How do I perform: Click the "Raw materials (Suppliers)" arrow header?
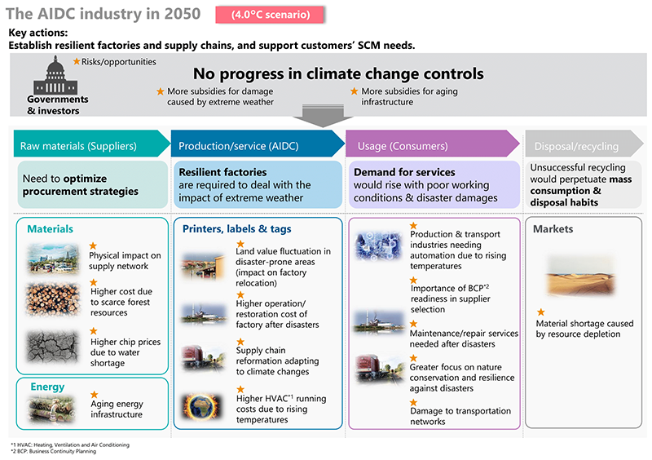pyautogui.click(x=86, y=146)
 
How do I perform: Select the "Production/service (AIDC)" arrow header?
pyautogui.click(x=253, y=146)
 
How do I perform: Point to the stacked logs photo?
pyautogui.click(x=53, y=299)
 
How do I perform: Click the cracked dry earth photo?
pyautogui.click(x=53, y=347)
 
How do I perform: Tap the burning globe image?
pyautogui.click(x=204, y=405)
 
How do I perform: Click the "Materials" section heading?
pyautogui.click(x=51, y=229)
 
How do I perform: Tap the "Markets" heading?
pyautogui.click(x=554, y=229)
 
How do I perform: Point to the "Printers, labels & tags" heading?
pyautogui.click(x=237, y=229)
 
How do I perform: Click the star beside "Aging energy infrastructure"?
pyautogui.click(x=93, y=394)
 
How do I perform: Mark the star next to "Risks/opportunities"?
pyautogui.click(x=77, y=61)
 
